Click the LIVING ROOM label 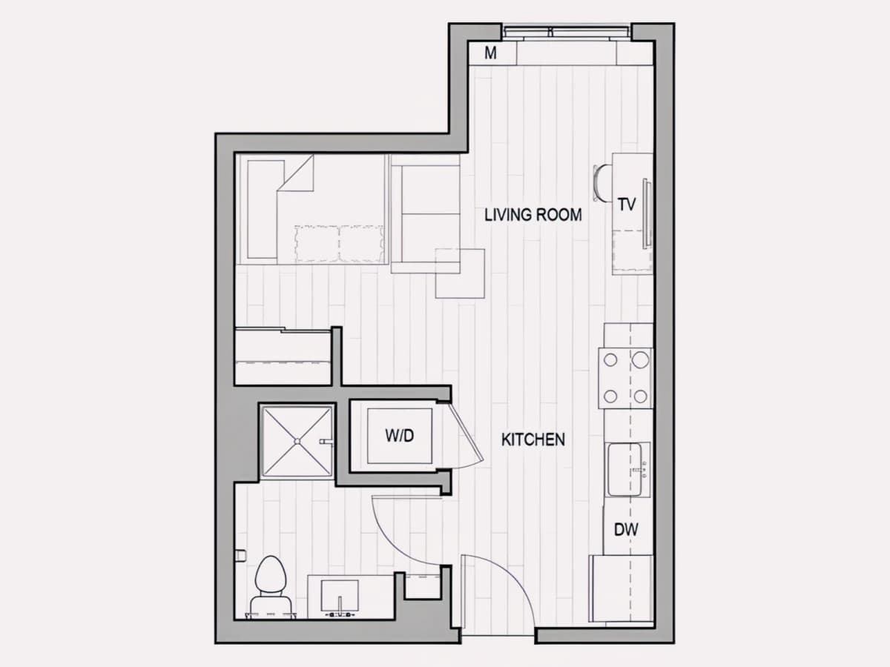533,214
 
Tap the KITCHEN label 533,439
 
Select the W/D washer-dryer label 399,436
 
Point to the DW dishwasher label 626,530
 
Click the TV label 627,205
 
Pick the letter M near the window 491,53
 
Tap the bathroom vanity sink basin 340,595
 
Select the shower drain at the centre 297,441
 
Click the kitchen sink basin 624,469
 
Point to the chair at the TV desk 602,182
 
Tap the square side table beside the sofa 461,273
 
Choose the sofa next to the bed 426,214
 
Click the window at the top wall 567,33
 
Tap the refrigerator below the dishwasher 621,589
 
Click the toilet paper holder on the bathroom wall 241,555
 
